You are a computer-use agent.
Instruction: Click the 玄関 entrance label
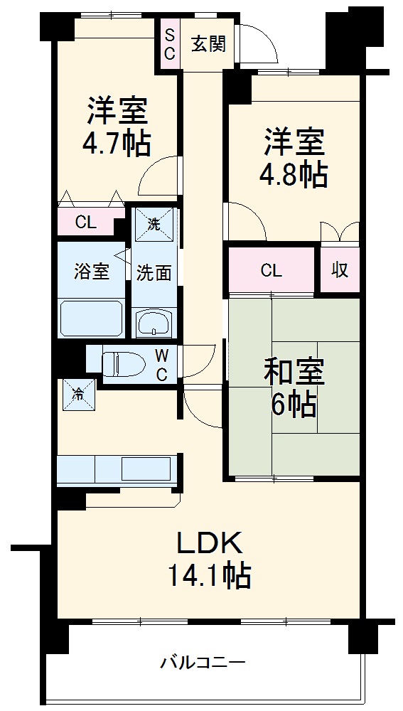(x=208, y=44)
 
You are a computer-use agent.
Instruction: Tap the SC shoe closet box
(x=170, y=44)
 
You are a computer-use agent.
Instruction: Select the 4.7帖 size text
(x=117, y=144)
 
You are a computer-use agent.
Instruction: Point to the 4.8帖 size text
(x=294, y=174)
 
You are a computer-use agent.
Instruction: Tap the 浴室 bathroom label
(x=92, y=271)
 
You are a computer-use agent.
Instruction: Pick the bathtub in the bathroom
(x=92, y=318)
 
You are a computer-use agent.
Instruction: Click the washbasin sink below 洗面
(x=154, y=324)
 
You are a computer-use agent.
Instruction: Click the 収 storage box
(x=339, y=270)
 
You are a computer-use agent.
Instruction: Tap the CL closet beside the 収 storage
(x=271, y=270)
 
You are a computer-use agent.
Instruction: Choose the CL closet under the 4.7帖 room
(x=87, y=222)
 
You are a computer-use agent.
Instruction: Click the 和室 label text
(x=294, y=373)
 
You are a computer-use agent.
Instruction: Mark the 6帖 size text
(x=294, y=405)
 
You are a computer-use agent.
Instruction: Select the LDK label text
(x=210, y=544)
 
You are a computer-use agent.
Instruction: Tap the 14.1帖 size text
(x=209, y=574)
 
